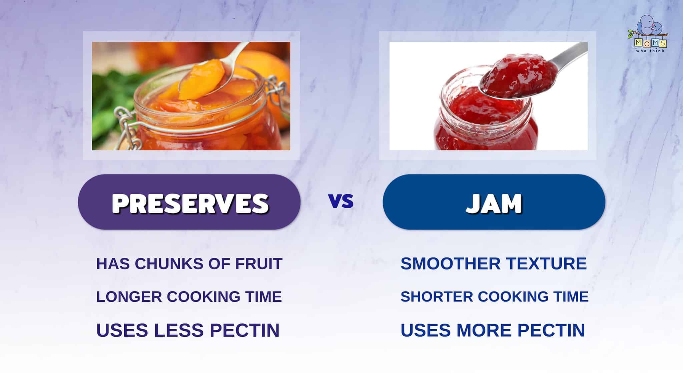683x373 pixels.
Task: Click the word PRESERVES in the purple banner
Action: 190,203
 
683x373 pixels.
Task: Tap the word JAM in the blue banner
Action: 494,203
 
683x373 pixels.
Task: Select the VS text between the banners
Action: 341,201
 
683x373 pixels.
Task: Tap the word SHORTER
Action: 437,297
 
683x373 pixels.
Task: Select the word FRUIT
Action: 259,264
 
